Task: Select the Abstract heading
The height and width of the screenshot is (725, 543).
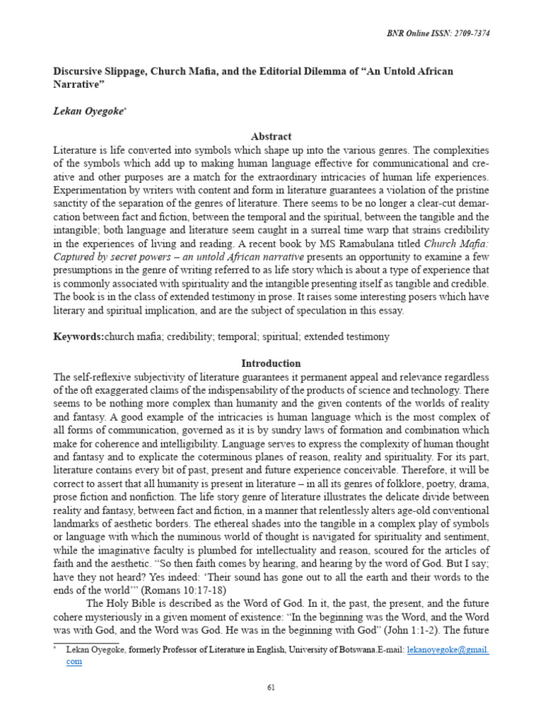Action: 271,137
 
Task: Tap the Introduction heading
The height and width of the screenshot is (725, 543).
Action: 271,363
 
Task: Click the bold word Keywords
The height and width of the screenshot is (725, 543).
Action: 78,337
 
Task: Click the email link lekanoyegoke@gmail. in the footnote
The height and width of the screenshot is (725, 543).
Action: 448,649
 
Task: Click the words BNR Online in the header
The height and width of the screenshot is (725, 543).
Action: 407,33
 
